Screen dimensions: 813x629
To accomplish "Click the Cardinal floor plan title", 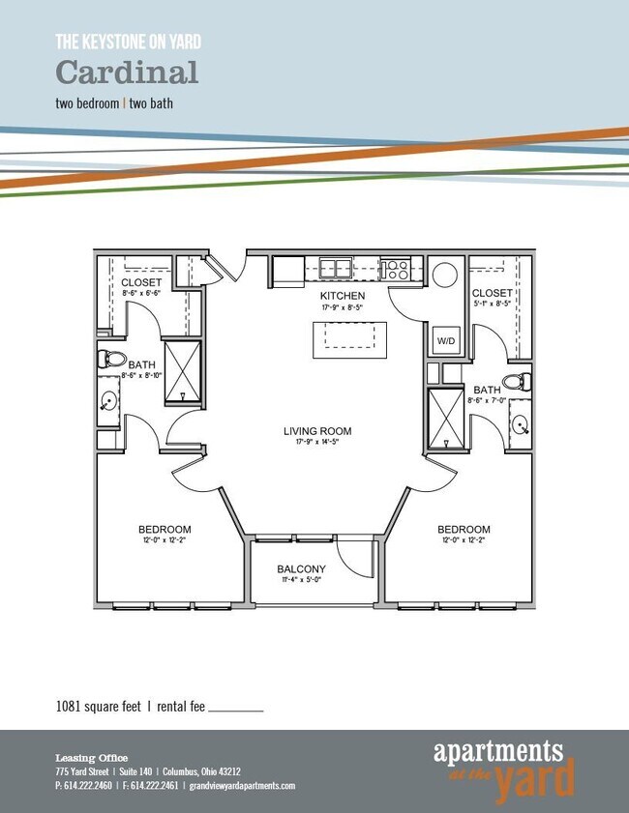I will coord(127,73).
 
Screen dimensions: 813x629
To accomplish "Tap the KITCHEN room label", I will coord(344,295).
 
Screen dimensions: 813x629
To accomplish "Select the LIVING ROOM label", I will coord(317,431).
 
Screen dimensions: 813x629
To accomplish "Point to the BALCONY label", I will coord(301,569).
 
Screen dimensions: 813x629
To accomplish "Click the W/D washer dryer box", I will coord(445,341).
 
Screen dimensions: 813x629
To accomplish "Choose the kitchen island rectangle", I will coord(348,339).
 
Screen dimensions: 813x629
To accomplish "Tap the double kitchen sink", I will coord(336,268).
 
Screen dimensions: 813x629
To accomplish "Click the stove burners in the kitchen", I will coord(395,269).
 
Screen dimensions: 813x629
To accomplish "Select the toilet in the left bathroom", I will coord(111,361).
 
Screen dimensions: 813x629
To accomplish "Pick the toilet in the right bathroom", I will coord(519,381).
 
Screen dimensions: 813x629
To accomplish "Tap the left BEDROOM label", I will coord(165,530).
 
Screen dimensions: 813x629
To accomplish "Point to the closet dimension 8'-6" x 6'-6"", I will coord(142,292).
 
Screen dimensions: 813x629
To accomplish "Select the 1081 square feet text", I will coord(100,708).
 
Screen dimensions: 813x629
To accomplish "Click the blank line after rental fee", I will coord(236,711).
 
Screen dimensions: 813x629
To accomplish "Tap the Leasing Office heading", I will coord(91,758).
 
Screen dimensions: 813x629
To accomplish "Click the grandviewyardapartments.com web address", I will coord(242,786).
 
